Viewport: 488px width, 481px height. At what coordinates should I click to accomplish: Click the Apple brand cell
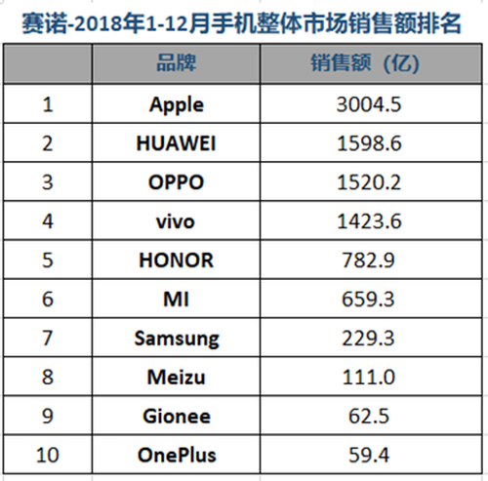point(177,105)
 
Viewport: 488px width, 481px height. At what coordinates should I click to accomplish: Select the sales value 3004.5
point(369,104)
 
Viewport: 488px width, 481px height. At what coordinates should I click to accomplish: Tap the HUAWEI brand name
point(176,143)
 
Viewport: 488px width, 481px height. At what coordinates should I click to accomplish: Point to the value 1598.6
point(369,143)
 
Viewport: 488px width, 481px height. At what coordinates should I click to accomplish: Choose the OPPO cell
point(176,182)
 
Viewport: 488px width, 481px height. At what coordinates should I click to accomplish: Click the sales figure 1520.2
point(369,182)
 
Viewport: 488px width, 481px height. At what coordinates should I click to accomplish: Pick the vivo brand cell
point(176,221)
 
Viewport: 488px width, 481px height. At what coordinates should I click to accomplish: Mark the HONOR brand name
point(176,261)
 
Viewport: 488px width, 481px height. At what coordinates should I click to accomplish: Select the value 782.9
point(368,261)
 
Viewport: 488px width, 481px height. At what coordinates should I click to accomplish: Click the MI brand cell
point(176,300)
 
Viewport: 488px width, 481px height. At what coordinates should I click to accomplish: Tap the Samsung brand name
point(177,339)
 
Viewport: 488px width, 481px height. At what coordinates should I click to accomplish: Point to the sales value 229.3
point(368,339)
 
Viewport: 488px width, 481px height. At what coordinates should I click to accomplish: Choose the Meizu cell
point(176,378)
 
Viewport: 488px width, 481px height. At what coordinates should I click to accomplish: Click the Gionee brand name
point(177,416)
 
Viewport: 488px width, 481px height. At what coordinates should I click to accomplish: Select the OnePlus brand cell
point(177,455)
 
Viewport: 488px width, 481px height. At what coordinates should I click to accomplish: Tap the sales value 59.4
point(369,455)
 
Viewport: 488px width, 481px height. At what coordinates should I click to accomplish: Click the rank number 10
point(48,455)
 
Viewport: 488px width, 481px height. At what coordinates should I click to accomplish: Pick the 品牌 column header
point(177,62)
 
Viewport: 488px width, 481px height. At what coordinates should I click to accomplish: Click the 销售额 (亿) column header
point(365,62)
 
